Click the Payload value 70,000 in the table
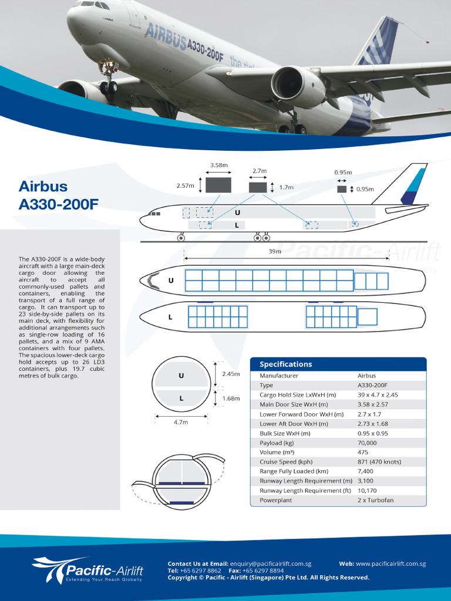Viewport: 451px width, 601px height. point(367,443)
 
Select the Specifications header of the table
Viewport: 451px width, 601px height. point(286,364)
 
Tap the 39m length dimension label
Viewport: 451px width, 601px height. point(274,251)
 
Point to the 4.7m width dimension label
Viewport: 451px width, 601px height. point(181,422)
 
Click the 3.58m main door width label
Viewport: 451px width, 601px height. point(218,165)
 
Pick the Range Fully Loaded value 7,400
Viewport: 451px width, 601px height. point(365,471)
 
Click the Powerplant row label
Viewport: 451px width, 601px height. point(275,500)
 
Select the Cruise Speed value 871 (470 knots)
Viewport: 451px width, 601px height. point(379,462)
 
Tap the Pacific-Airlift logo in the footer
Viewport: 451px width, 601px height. point(88,570)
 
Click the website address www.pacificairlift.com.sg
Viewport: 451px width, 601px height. point(391,563)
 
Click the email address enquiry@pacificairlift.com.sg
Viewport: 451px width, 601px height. point(270,563)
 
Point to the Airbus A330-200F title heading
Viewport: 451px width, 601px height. point(59,195)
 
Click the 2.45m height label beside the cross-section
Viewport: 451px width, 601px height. point(231,374)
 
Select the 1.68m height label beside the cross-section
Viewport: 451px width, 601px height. point(231,399)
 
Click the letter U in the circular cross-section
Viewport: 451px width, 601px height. point(181,376)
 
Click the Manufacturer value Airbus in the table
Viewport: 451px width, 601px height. point(366,376)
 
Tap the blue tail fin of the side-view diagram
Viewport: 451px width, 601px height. point(414,187)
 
